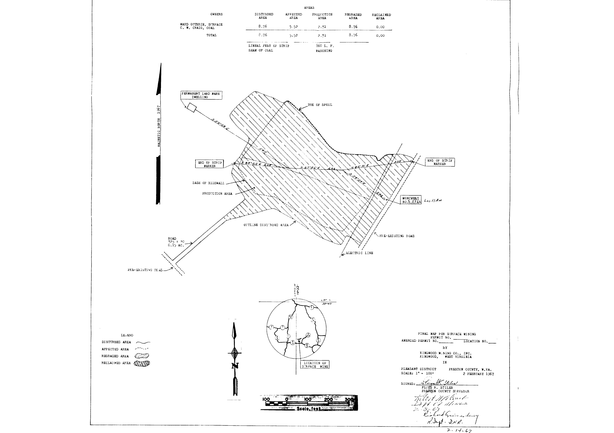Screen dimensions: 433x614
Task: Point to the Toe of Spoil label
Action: click(320, 105)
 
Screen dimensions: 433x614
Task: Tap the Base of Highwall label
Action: click(208, 183)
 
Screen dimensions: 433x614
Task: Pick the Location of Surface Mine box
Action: click(315, 365)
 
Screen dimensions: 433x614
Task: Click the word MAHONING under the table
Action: click(324, 51)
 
